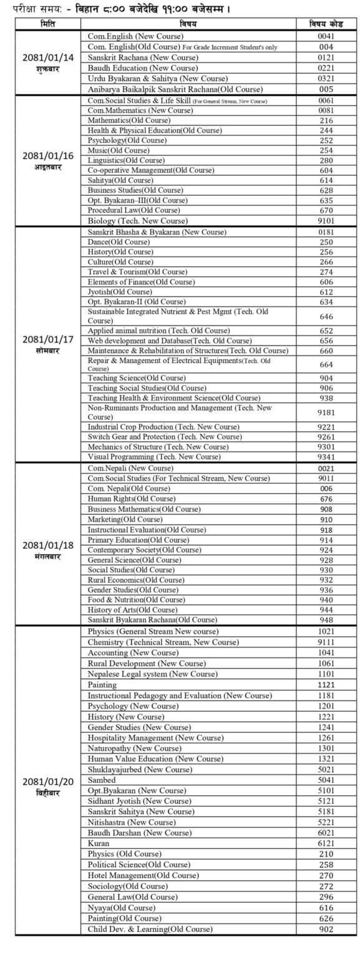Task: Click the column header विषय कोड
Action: click(326, 24)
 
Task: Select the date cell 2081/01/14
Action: click(48, 57)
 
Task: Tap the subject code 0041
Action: click(326, 37)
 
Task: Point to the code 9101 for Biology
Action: click(326, 221)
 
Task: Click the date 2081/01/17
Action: click(48, 340)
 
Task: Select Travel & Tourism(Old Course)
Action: click(137, 272)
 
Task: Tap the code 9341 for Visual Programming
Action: click(326, 457)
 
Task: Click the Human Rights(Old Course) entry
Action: click(132, 499)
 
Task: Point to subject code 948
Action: click(326, 620)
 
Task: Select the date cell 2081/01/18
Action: click(48, 545)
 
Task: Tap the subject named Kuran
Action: click(99, 843)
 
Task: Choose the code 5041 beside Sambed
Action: click(326, 780)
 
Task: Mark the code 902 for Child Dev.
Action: click(326, 929)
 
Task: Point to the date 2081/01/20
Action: click(48, 781)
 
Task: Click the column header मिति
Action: click(48, 24)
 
